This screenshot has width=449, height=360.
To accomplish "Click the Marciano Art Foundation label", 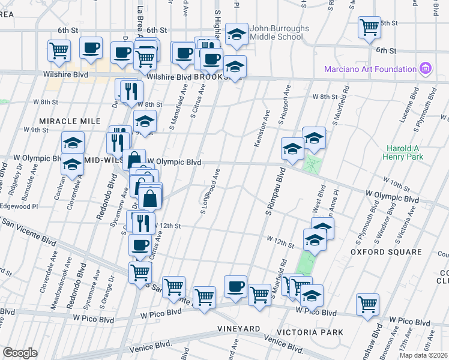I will [370, 69].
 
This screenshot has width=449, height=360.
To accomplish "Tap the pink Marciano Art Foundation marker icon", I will [426, 68].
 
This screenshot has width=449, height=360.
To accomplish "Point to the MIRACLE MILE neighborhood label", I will [70, 121].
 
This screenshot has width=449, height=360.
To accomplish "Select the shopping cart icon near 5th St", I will [369, 28].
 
